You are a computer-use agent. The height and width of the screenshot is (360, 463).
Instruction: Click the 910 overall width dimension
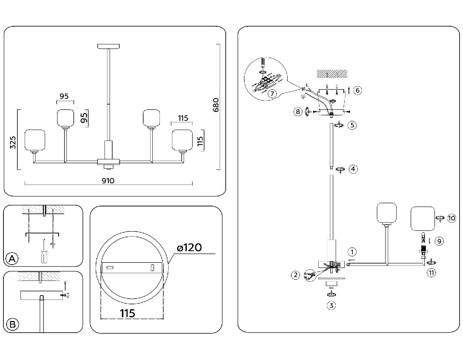(x=108, y=180)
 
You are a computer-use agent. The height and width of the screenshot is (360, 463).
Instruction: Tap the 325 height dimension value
(x=12, y=143)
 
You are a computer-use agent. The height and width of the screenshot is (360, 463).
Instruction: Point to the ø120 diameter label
(x=189, y=247)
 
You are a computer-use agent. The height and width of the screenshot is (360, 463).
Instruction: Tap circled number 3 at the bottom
(x=331, y=306)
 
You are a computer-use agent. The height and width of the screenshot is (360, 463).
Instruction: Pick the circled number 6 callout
(x=357, y=90)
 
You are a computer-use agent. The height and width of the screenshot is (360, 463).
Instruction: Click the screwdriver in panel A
(x=43, y=256)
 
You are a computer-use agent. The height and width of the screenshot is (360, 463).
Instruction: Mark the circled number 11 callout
(x=431, y=273)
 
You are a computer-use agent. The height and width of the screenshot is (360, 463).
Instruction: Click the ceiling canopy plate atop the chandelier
(x=109, y=47)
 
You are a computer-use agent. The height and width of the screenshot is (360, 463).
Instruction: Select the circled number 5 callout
(x=351, y=125)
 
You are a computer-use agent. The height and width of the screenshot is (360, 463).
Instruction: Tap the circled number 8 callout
(x=297, y=112)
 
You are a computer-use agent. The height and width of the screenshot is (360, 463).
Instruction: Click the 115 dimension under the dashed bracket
(x=127, y=313)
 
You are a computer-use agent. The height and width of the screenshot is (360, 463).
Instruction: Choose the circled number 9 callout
(x=438, y=241)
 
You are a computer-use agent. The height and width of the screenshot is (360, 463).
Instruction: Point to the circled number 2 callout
(x=296, y=275)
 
